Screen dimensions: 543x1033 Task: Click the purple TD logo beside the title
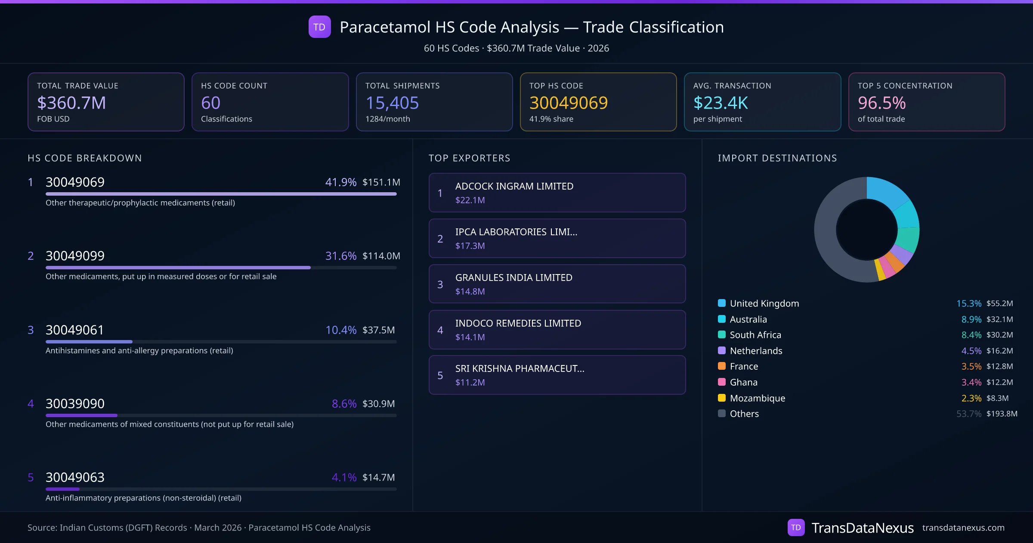point(319,27)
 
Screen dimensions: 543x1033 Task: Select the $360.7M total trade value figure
point(71,103)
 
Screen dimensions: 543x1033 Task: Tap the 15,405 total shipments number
point(392,103)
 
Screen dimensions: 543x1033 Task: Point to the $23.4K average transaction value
point(721,103)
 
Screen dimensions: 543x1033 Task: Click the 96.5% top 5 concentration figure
point(881,103)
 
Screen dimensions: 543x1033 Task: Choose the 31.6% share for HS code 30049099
point(340,256)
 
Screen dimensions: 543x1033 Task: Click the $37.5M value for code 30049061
point(378,330)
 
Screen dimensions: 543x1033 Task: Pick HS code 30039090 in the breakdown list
point(75,404)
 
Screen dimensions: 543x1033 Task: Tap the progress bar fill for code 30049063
point(62,489)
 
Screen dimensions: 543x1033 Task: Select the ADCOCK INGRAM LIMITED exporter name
point(514,186)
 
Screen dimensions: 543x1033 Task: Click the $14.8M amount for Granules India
point(470,292)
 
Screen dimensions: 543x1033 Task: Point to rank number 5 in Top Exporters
point(440,375)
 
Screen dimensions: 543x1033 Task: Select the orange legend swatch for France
point(722,366)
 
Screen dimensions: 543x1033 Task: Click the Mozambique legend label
point(757,398)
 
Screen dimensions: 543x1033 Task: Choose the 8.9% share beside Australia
point(971,319)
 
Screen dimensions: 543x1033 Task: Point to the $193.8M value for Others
point(1002,414)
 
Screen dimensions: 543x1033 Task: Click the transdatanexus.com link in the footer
point(963,528)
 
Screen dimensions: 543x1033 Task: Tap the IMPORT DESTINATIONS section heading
point(777,158)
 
